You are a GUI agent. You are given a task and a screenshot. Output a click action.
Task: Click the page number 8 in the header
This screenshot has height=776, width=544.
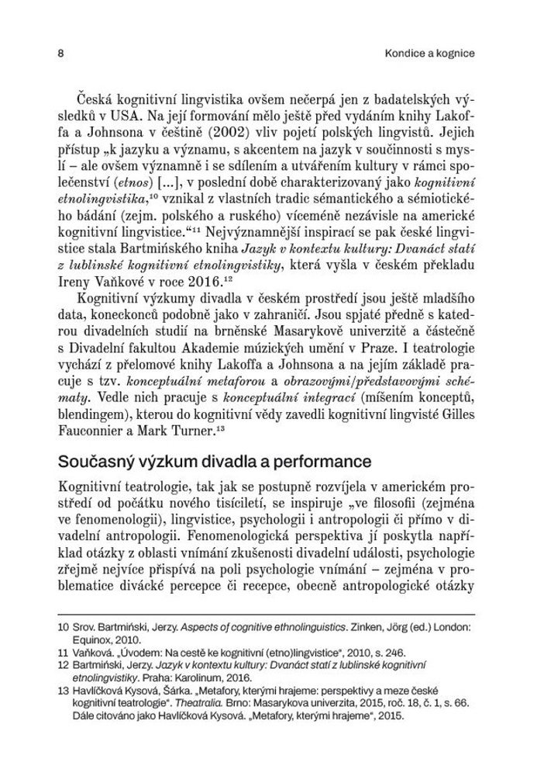pyautogui.click(x=60, y=54)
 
